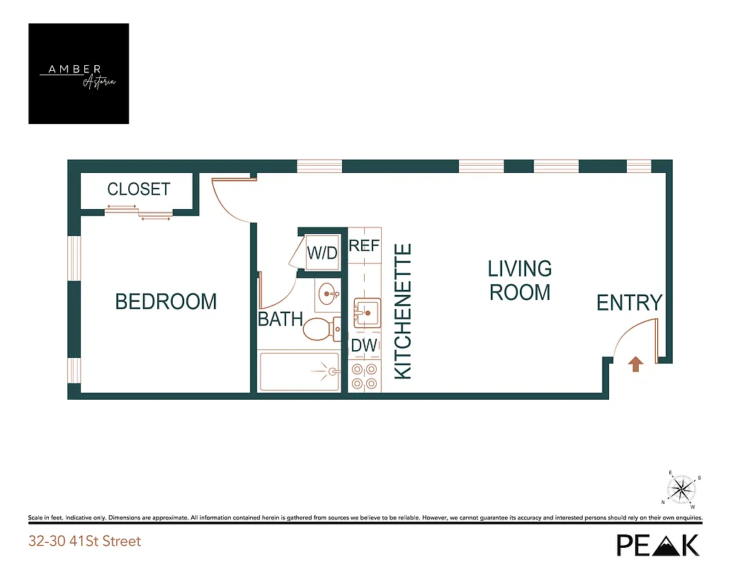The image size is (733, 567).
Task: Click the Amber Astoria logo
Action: (79, 74)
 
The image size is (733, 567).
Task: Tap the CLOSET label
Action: (139, 189)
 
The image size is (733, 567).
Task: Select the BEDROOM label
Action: (166, 302)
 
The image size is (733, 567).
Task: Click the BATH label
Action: (280, 320)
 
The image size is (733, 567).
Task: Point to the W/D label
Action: (322, 253)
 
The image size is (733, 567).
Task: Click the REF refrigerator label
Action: (365, 246)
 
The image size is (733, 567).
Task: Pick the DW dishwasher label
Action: (364, 346)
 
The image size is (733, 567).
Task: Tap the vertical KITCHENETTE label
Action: (403, 311)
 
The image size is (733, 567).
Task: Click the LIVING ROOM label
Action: (520, 280)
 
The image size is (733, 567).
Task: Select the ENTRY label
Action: (629, 303)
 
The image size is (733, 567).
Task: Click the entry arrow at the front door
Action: (636, 364)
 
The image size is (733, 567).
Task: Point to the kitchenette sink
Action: (367, 312)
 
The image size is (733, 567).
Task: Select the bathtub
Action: (300, 371)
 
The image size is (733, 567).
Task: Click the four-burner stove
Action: (364, 376)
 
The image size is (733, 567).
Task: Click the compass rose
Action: (683, 488)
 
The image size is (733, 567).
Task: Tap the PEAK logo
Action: (657, 544)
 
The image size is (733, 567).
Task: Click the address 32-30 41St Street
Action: (84, 541)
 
